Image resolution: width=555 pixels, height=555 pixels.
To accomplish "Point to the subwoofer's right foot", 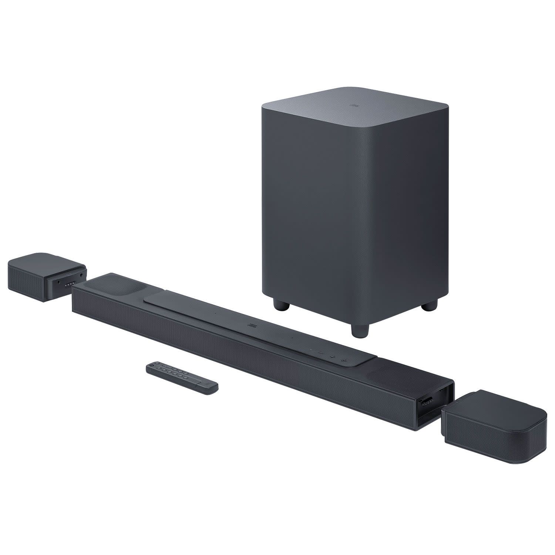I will [429, 304].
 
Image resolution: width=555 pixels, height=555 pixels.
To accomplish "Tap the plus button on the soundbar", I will [332, 357].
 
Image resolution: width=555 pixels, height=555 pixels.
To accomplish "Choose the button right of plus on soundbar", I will [344, 359].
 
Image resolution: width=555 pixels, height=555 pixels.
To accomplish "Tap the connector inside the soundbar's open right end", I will [429, 402].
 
